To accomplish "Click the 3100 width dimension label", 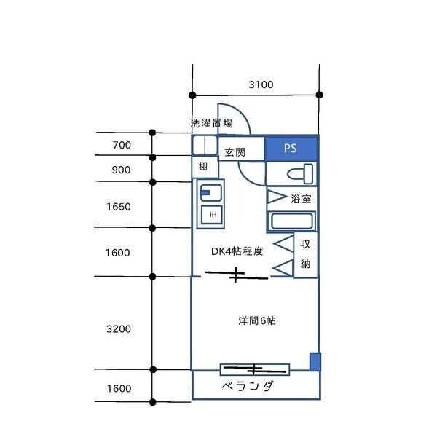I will pyautogui.click(x=260, y=84).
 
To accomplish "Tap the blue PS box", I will pyautogui.click(x=291, y=149).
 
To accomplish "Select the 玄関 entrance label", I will pyautogui.click(x=234, y=152).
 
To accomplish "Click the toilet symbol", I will pyautogui.click(x=299, y=174).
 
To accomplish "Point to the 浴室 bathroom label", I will pyautogui.click(x=301, y=198).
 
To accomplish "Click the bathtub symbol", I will pyautogui.click(x=291, y=221).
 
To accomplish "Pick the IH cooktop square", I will pyautogui.click(x=212, y=214).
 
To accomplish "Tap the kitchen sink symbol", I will pyautogui.click(x=210, y=193).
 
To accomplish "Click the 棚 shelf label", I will pyautogui.click(x=203, y=168).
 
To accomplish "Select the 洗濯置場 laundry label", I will pyautogui.click(x=211, y=123).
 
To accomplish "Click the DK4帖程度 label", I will pyautogui.click(x=237, y=251).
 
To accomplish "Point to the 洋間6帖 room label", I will pyautogui.click(x=256, y=320).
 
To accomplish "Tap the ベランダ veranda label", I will pyautogui.click(x=247, y=386).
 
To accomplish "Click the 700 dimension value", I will pyautogui.click(x=122, y=145).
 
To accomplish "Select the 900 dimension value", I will pyautogui.click(x=122, y=170).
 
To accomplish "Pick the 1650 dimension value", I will pyautogui.click(x=118, y=206).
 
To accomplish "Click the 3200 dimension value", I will pyautogui.click(x=118, y=328).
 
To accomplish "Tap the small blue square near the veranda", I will pyautogui.click(x=315, y=361).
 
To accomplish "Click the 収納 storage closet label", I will pyautogui.click(x=306, y=253).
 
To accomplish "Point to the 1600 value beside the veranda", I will pyautogui.click(x=118, y=388).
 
